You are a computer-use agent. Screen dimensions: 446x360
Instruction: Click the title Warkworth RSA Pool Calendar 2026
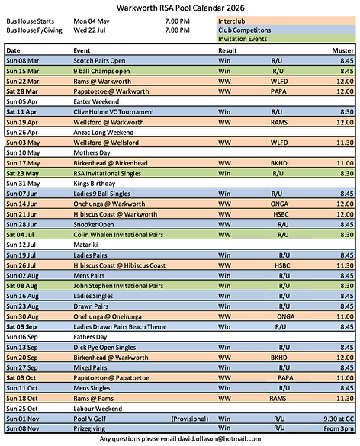181,8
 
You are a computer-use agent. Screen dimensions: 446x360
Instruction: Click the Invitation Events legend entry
243,38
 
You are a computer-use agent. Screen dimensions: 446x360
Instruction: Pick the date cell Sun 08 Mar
23,59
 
